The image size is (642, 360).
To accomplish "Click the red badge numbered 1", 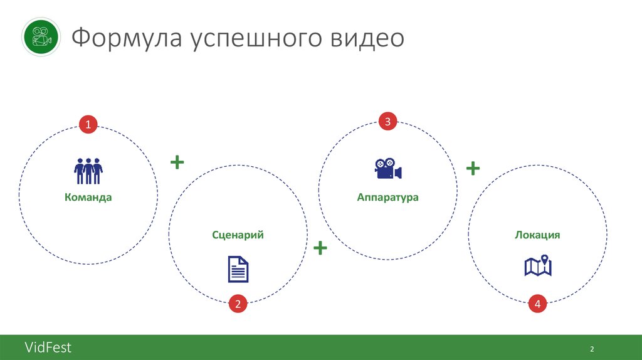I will click(88, 125).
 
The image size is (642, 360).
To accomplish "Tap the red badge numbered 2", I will click(238, 305).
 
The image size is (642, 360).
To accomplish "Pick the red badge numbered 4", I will click(537, 305).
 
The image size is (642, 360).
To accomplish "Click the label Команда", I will click(88, 197).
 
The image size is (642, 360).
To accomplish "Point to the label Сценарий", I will click(238, 235).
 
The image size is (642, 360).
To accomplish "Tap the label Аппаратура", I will click(387, 197).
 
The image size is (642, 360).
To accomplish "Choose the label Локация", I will click(537, 235).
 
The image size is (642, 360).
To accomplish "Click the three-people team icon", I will click(88, 171).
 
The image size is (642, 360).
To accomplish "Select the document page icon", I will click(238, 269).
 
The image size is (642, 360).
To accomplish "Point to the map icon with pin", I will click(538, 266).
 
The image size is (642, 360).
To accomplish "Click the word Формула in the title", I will click(125, 38).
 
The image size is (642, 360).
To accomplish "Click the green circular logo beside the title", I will click(41, 37).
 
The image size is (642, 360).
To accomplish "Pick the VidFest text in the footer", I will click(48, 347).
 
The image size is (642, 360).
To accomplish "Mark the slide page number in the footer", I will click(591, 349).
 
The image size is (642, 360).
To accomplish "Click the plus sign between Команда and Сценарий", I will click(177, 162).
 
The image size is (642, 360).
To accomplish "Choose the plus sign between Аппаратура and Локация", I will click(473, 168).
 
